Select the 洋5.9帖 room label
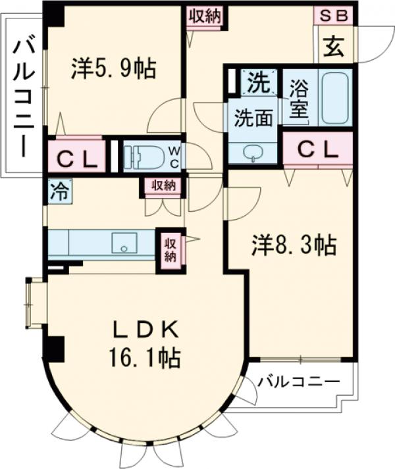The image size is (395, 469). [113, 68]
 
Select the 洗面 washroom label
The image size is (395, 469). [253, 119]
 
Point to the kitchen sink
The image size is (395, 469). [122, 243]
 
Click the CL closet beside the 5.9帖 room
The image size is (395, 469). [76, 157]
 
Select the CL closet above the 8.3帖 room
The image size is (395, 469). [319, 150]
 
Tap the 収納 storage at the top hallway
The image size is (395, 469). [205, 17]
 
